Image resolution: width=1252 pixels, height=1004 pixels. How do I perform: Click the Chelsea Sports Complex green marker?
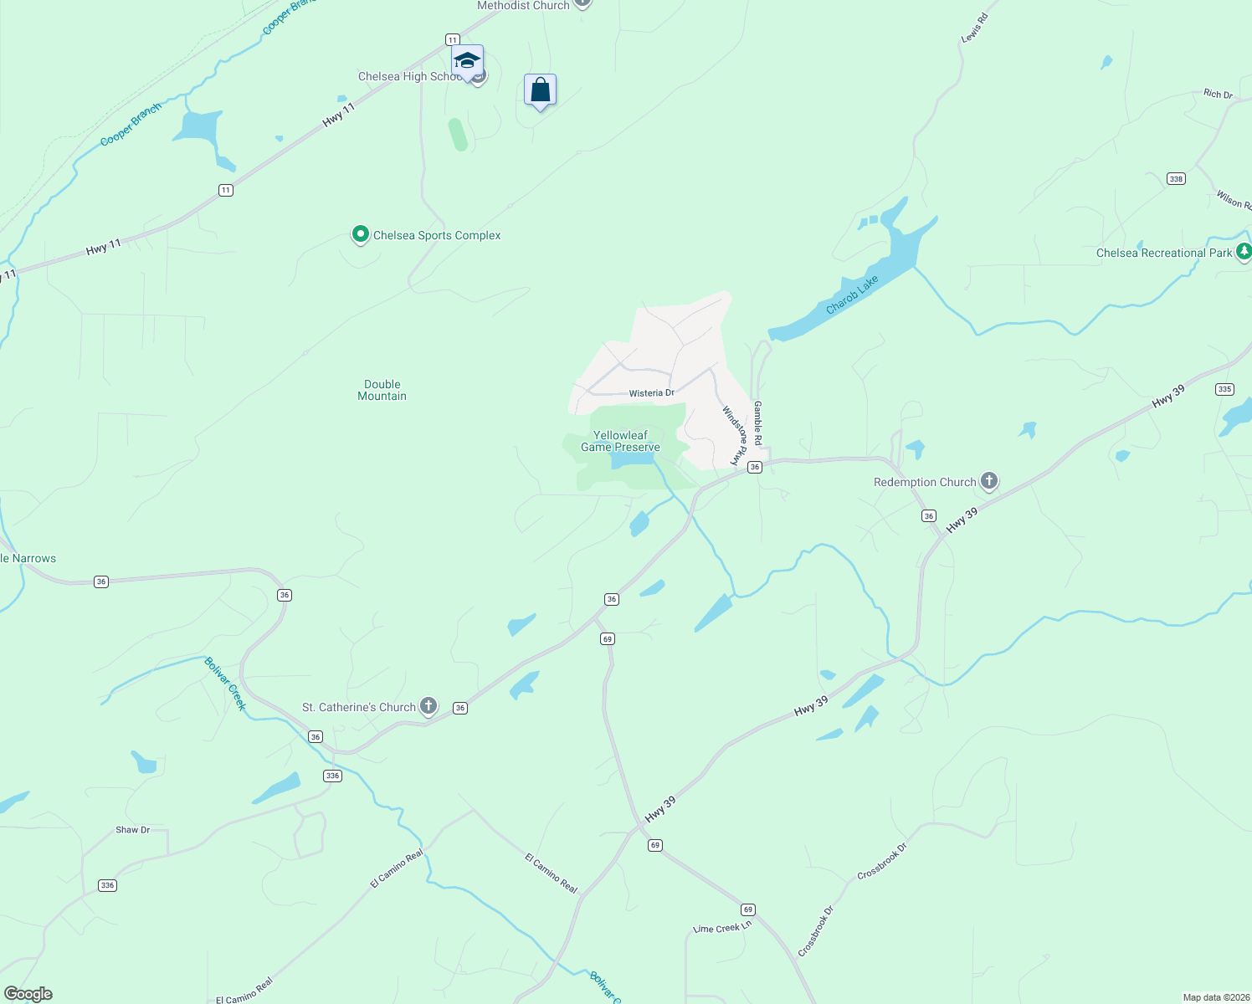pos(361,234)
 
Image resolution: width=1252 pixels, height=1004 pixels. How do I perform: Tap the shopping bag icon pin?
pos(540,90)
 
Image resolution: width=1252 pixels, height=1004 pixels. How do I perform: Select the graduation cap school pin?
pos(467,61)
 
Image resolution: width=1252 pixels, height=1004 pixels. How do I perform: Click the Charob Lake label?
pos(852,295)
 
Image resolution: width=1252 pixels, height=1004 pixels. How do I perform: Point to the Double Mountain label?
pos(382,391)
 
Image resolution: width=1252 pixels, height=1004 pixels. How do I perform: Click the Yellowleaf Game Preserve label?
pos(620,441)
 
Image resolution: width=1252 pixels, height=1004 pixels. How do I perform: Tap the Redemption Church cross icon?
pos(989,481)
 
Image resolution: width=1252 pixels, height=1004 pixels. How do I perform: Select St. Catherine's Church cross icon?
pos(428,706)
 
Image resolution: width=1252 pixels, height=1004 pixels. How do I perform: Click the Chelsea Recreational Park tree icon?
pos(1244,251)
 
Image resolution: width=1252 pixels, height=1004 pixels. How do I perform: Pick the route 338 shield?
pos(1176,178)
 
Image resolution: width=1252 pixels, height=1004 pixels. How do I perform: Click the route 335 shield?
pos(1224,389)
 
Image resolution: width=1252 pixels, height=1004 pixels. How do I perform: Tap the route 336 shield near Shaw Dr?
pos(107,885)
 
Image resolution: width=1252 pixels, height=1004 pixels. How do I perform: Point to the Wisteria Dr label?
pos(652,392)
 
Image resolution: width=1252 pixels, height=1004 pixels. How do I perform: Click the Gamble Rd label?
pos(758,423)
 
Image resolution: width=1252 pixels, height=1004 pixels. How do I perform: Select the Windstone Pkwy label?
pos(734,435)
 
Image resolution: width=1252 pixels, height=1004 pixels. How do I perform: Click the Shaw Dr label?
pos(133,830)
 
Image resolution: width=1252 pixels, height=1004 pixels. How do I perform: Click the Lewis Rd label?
pos(975,28)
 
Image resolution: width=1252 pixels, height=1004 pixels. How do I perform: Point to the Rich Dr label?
pos(1218,94)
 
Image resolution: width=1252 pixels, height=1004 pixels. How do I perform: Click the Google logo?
pos(28,994)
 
